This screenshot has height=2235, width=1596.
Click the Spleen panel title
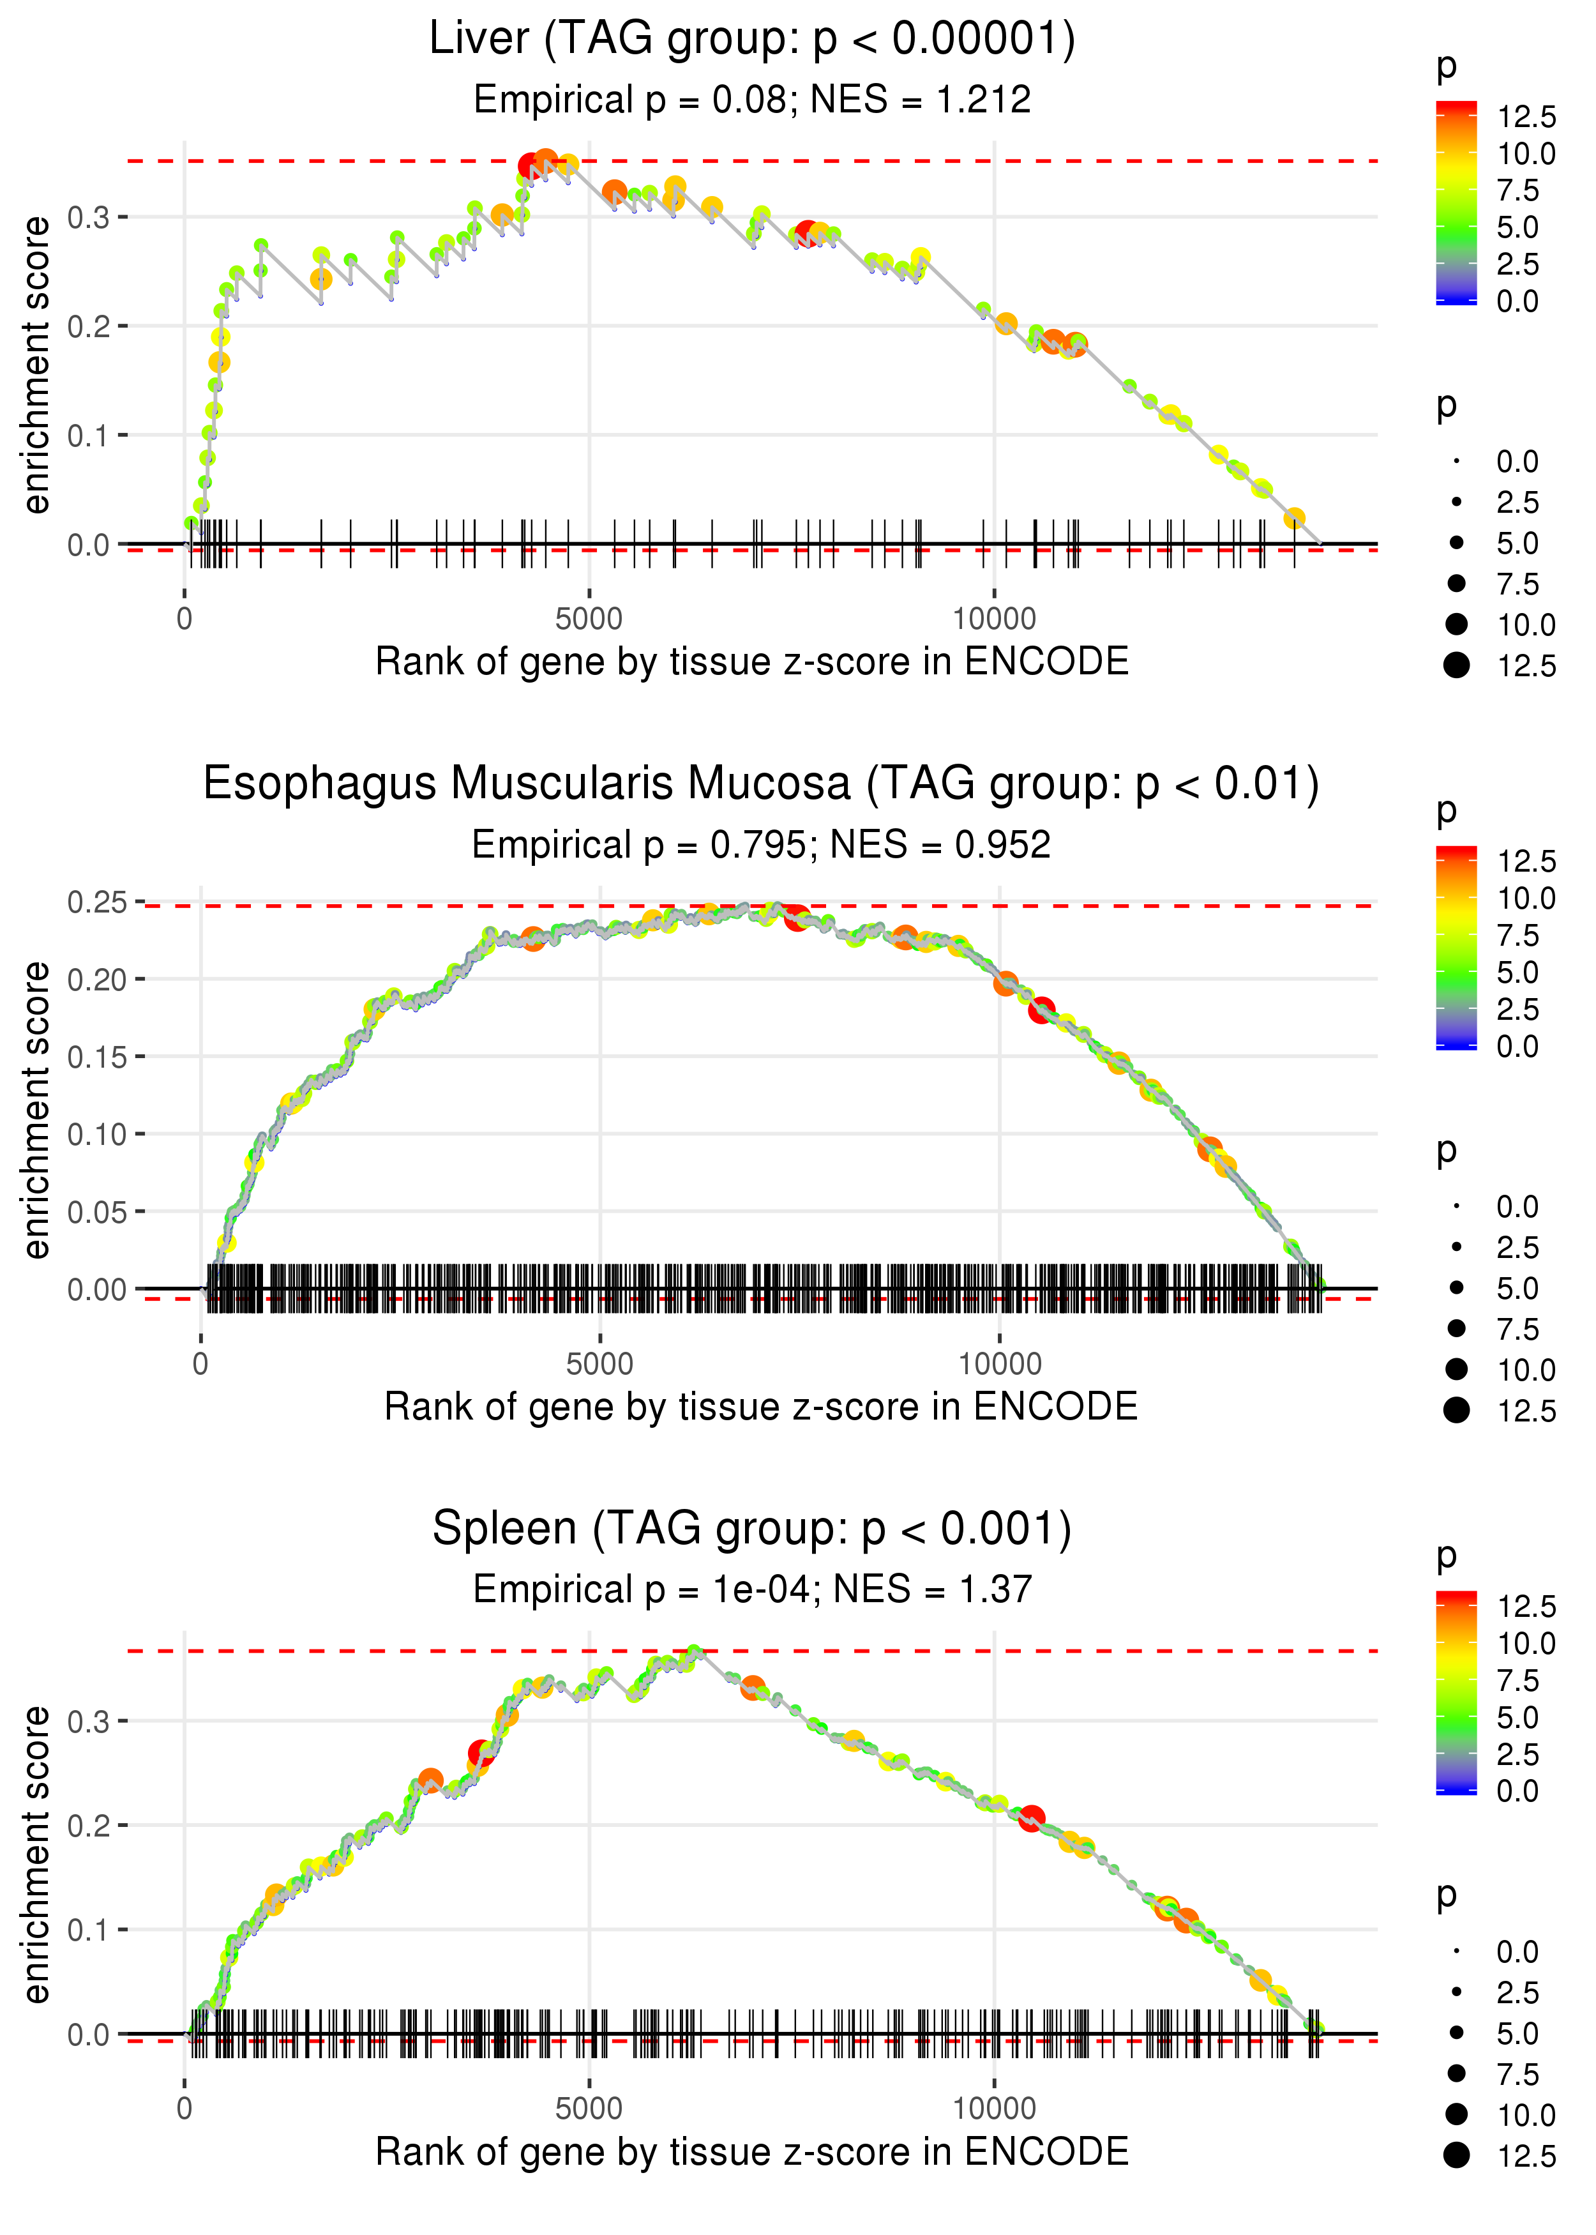752,1528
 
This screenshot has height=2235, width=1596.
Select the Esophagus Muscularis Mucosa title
761,784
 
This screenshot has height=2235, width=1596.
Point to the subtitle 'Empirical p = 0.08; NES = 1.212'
752,99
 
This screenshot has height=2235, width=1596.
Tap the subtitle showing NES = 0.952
761,844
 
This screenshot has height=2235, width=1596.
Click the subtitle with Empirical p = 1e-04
752,1589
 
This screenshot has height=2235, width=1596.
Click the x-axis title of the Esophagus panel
761,1407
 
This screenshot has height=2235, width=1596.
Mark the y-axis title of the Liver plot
36,365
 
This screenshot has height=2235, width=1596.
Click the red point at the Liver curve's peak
530,166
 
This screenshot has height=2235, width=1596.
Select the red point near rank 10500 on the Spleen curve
1031,1817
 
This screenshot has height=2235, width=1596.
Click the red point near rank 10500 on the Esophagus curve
1042,1010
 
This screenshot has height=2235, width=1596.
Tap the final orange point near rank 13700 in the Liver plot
1294,518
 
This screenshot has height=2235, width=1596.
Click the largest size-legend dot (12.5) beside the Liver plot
1456,665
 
